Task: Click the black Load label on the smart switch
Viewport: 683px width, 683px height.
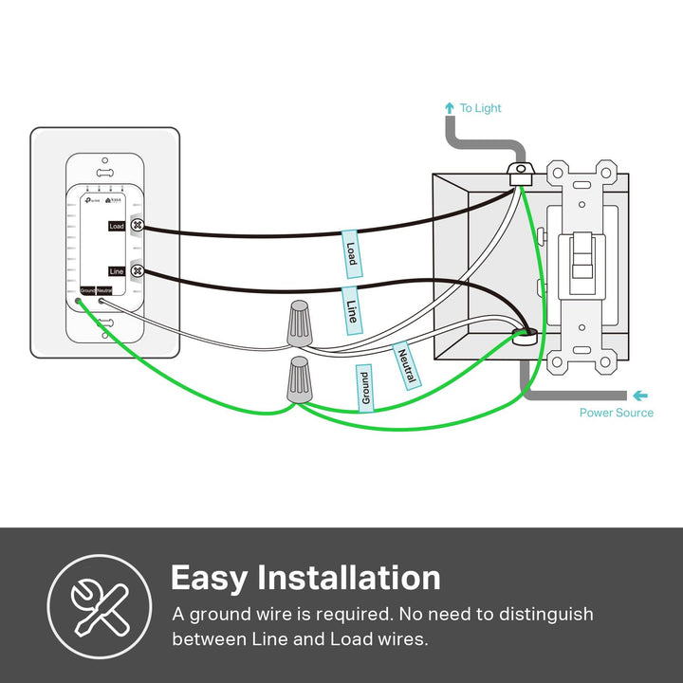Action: click(117, 226)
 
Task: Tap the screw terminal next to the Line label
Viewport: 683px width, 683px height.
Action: click(137, 270)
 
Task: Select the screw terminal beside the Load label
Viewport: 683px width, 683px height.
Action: click(137, 226)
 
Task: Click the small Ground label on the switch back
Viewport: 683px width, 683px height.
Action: click(87, 289)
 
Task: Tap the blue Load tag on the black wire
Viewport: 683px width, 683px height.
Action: click(351, 253)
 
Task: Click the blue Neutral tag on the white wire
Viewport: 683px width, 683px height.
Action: click(405, 364)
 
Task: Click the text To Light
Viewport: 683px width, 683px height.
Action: click(480, 108)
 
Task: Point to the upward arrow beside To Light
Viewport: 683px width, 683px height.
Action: click(449, 108)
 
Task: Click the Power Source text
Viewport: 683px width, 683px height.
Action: click(617, 413)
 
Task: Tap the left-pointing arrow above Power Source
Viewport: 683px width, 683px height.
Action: click(641, 395)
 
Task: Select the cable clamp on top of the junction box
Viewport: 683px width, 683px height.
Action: click(519, 174)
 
